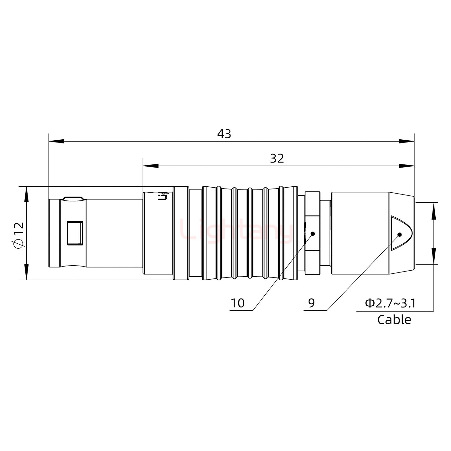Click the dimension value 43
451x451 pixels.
(224, 134)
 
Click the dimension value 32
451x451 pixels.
(277, 159)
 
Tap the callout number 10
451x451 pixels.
(237, 303)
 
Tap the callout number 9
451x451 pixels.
(311, 303)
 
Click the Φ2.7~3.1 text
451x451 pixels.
(390, 303)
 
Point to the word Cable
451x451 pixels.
(394, 320)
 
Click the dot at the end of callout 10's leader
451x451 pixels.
(312, 234)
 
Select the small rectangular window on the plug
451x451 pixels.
(75, 233)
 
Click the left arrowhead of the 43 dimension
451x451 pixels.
(56, 141)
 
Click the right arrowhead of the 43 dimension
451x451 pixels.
(406, 141)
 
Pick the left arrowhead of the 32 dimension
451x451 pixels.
(151, 166)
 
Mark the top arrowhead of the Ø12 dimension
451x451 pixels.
(26, 194)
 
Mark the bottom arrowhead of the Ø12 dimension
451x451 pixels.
(26, 272)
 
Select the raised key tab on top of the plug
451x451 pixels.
(73, 198)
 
